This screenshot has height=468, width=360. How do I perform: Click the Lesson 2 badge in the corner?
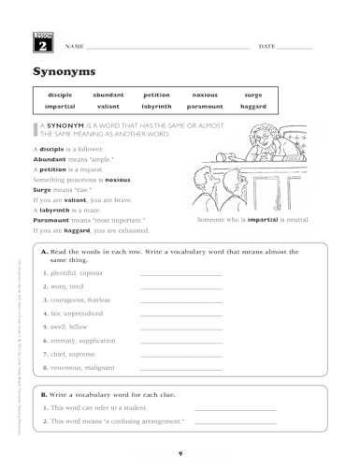tap(42, 41)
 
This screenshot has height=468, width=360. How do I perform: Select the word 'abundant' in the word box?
tap(108, 95)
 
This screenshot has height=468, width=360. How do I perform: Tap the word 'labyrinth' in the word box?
tap(156, 107)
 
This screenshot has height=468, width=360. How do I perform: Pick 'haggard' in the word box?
tap(252, 107)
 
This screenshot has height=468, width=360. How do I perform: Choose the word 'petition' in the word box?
tap(156, 95)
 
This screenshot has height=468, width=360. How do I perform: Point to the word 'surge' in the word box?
tap(252, 95)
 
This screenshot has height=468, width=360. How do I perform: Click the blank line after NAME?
tap(168, 47)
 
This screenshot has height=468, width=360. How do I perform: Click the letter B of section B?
tap(44, 395)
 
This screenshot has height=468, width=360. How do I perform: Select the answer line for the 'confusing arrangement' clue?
tap(235, 424)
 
